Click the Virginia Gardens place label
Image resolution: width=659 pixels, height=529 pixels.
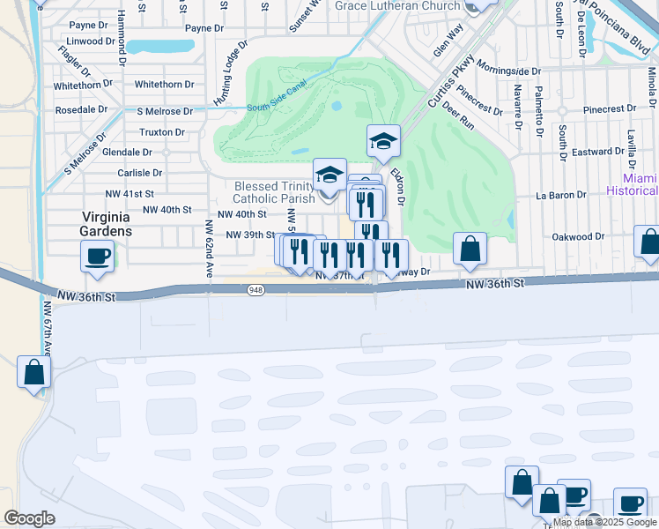pos(107,224)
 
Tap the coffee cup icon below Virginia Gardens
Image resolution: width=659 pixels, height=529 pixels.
pos(97,257)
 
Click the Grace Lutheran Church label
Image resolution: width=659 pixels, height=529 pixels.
pos(397,6)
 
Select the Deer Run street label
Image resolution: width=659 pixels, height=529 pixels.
pos(458,115)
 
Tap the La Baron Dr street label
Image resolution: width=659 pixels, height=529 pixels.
pos(561,196)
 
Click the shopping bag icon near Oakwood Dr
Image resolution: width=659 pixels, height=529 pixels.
pos(470,250)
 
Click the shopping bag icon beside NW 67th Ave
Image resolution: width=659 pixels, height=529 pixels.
pos(34,371)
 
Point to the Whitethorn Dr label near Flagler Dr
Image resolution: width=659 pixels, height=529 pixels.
pos(84,86)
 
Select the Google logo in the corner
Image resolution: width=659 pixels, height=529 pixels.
pos(29,518)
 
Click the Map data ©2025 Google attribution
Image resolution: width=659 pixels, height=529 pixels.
pos(605,522)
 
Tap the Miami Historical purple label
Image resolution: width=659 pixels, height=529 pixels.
pos(633,184)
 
